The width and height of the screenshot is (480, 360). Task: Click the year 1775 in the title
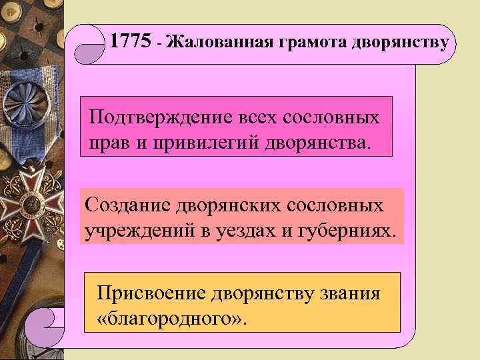(x=130, y=41)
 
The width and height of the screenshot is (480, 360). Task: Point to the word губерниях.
(x=353, y=230)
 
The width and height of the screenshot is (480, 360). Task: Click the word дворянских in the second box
(x=233, y=205)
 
